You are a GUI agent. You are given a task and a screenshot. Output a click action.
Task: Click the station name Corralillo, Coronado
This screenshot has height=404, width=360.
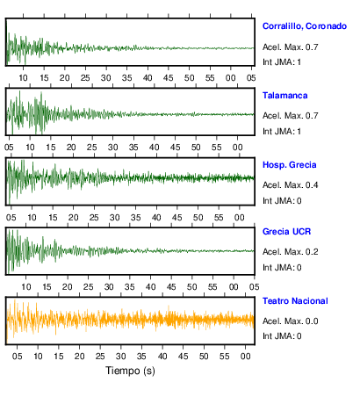(305, 26)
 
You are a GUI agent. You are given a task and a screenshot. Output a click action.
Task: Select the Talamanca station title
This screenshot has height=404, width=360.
(284, 96)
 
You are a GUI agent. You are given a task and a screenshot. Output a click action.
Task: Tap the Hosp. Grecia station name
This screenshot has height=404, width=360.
(289, 165)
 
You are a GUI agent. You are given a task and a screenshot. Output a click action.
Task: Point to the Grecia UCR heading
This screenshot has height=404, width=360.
(286, 232)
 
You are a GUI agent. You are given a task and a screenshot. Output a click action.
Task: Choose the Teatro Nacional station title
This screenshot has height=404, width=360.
(295, 301)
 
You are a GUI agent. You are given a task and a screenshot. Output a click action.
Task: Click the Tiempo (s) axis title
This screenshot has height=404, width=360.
(130, 371)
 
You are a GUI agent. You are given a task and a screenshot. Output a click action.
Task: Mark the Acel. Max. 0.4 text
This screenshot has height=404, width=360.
(290, 185)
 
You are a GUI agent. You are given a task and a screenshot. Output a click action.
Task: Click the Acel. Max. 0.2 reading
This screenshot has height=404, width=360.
(290, 252)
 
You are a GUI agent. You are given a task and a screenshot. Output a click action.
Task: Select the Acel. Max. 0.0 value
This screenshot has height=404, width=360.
(290, 321)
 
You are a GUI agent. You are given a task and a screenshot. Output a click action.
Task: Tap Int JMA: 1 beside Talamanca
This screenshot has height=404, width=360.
(282, 132)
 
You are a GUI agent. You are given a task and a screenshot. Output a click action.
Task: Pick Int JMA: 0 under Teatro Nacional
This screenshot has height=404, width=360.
(282, 335)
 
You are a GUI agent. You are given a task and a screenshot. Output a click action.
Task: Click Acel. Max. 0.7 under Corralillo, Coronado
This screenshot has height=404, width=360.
(290, 47)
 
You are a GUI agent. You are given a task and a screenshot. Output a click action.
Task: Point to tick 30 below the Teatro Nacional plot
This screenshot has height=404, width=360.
(121, 357)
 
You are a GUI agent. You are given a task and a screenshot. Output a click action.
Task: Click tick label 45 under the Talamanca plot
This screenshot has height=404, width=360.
(175, 148)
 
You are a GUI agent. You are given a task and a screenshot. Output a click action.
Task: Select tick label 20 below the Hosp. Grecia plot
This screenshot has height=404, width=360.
(73, 218)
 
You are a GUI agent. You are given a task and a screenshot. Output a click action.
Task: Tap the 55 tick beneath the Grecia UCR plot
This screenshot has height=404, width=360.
(212, 287)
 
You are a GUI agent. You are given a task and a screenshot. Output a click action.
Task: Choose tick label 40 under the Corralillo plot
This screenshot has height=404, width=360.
(148, 78)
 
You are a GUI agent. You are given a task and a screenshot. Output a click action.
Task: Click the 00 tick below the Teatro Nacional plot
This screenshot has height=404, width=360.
(245, 357)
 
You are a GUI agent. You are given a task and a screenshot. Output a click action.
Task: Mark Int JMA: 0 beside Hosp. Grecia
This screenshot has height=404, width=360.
(282, 201)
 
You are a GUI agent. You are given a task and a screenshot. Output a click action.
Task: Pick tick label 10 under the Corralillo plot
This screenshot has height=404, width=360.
(23, 78)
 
